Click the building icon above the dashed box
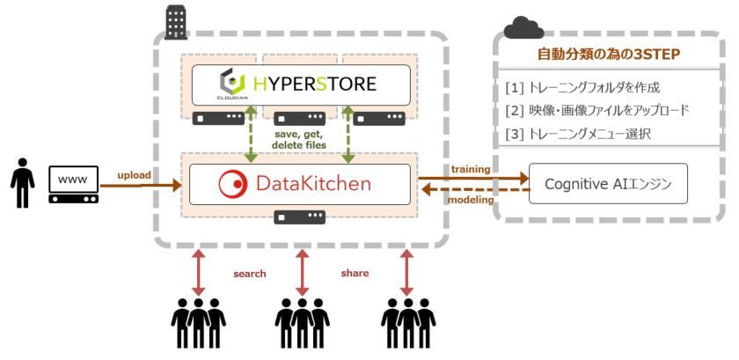tap(176, 22)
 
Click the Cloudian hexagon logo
tap(231, 84)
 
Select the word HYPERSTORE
tap(315, 84)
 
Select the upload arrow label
tap(134, 174)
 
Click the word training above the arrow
tap(471, 167)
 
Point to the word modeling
tap(472, 201)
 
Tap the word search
tap(249, 274)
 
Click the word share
tap(355, 273)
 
